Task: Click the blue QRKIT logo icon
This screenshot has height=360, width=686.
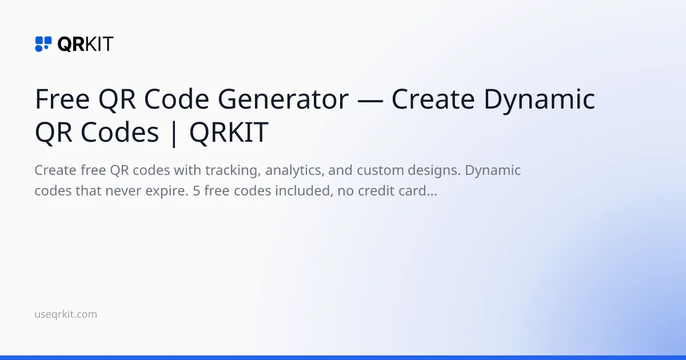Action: pos(43,44)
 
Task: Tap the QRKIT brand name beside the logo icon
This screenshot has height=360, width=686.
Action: pos(85,44)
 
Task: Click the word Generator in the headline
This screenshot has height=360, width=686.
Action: pos(282,100)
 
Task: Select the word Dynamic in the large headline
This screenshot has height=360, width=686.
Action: pos(539,100)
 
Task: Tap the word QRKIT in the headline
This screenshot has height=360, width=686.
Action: pos(228,133)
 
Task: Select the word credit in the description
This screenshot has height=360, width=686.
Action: pos(377,191)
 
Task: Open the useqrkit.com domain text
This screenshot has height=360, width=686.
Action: pos(66,314)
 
